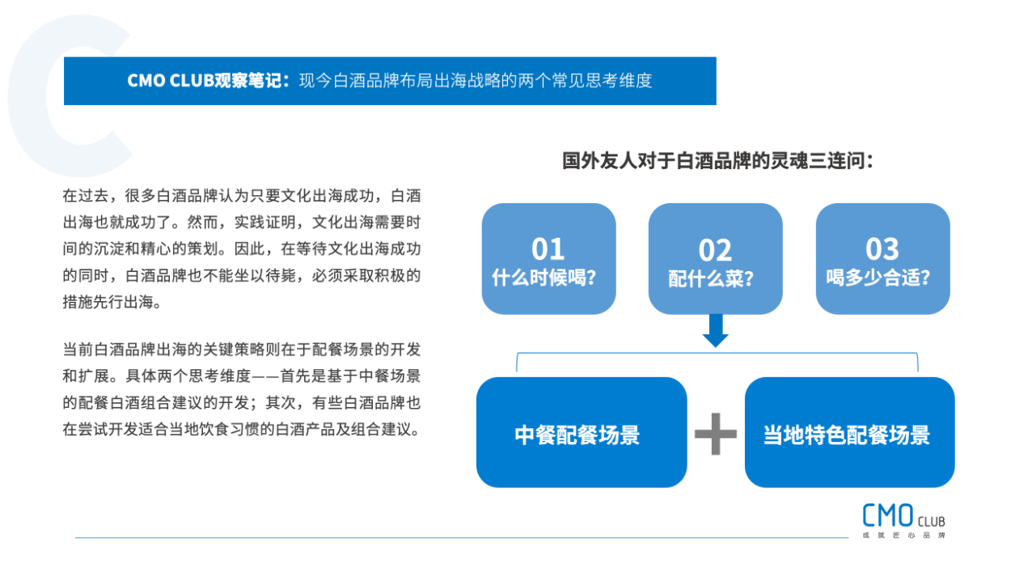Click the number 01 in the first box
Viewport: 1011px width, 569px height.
point(548,248)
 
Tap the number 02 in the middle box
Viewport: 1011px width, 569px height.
point(715,250)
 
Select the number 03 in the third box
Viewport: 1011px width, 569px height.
point(882,248)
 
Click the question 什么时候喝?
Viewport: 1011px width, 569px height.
point(544,278)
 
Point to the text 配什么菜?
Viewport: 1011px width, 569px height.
point(711,278)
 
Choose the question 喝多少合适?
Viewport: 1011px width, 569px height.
point(878,278)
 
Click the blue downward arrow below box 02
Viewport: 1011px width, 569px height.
point(715,331)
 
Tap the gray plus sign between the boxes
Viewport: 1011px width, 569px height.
point(715,434)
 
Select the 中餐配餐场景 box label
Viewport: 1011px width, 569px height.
point(577,435)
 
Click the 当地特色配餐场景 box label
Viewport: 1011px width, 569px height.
point(847,435)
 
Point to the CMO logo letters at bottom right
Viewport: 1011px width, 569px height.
point(888,516)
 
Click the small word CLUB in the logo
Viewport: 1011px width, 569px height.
point(932,522)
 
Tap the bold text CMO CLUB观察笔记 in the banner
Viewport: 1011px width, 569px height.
point(208,80)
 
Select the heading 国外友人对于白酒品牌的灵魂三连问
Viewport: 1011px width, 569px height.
point(717,160)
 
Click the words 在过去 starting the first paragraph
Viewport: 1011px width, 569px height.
point(86,196)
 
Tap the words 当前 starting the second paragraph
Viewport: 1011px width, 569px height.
point(78,350)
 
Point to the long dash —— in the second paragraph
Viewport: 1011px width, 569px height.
point(265,376)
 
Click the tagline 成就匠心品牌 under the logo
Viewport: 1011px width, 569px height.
point(904,536)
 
